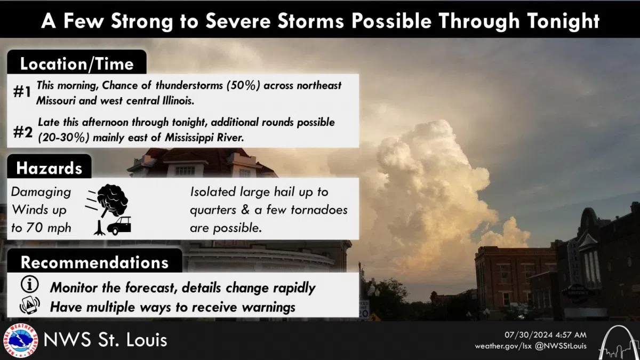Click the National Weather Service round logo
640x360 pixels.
[x=20, y=340]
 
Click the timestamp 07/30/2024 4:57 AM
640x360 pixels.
[x=545, y=334]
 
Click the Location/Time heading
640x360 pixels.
[x=76, y=64]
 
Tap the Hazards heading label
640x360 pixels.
[x=49, y=169]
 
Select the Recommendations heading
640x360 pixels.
[x=94, y=262]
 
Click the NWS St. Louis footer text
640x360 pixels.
[x=105, y=340]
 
